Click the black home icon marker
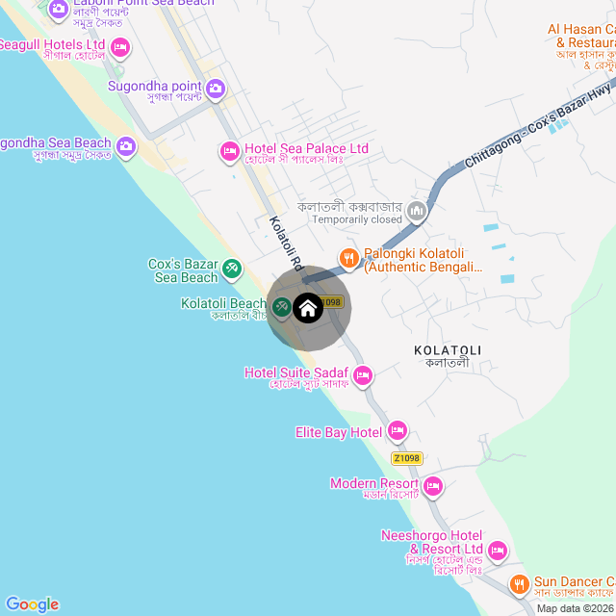(x=308, y=308)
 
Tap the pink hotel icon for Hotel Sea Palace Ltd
(x=230, y=149)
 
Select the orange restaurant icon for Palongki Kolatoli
(x=348, y=256)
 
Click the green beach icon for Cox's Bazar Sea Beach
(x=232, y=269)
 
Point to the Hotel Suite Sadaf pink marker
(x=363, y=374)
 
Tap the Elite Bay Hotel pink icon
(x=398, y=430)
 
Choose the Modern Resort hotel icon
(x=433, y=485)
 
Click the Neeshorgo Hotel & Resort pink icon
(x=498, y=551)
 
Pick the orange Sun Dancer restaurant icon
(x=519, y=583)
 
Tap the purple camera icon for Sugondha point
(x=216, y=90)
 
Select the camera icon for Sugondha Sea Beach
(x=126, y=146)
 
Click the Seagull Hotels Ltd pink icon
(x=120, y=46)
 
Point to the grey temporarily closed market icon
(x=417, y=210)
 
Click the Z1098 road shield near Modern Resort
(x=406, y=458)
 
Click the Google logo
(x=32, y=603)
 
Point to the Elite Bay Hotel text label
(x=339, y=432)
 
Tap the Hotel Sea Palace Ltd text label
(x=307, y=148)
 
